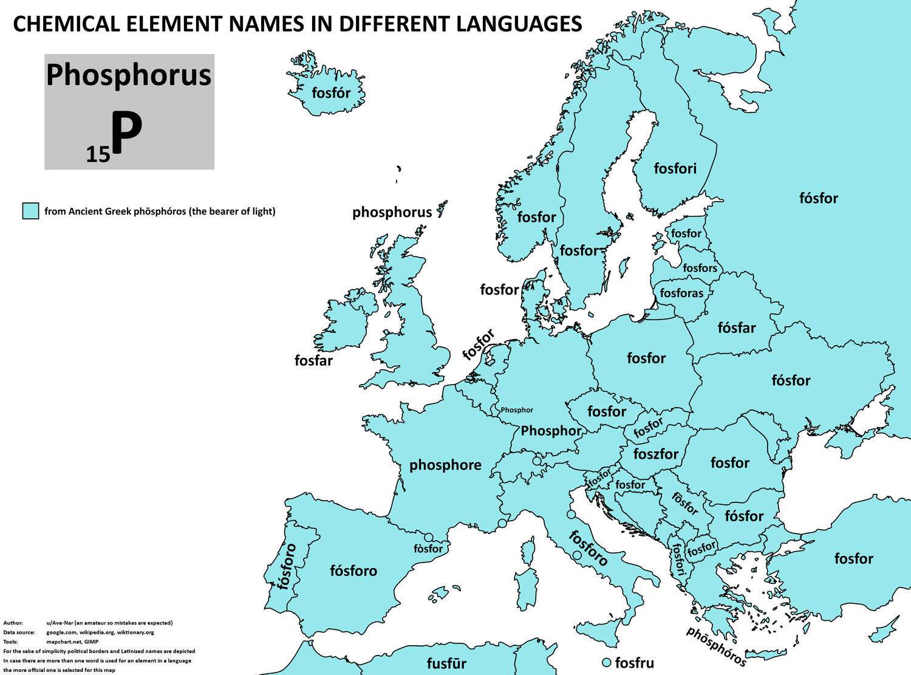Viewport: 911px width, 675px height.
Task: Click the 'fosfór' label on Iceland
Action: (331, 93)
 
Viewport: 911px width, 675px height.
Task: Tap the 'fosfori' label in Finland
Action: (675, 168)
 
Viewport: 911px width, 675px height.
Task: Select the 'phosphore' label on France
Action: (445, 465)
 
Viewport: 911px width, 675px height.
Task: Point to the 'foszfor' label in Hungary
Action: (655, 454)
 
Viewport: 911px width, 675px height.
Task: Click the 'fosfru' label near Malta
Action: (634, 662)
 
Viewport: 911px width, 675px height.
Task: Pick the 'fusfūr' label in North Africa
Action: (446, 663)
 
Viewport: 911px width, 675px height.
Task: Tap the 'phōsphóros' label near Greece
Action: (716, 646)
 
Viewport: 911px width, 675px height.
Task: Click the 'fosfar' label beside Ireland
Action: (313, 360)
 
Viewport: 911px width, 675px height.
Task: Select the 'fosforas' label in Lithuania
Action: (681, 293)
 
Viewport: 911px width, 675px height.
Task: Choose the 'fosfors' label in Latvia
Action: (700, 268)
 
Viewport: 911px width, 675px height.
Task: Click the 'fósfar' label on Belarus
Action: (736, 328)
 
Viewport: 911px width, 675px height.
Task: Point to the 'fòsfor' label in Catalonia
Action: (428, 549)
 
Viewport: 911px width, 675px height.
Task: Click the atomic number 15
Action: (98, 155)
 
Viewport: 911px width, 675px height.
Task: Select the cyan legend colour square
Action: (30, 211)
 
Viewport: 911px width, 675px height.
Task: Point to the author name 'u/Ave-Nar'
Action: (62, 623)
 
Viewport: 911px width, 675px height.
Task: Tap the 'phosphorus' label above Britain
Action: (392, 212)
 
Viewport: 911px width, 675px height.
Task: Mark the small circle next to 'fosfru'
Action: (606, 662)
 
